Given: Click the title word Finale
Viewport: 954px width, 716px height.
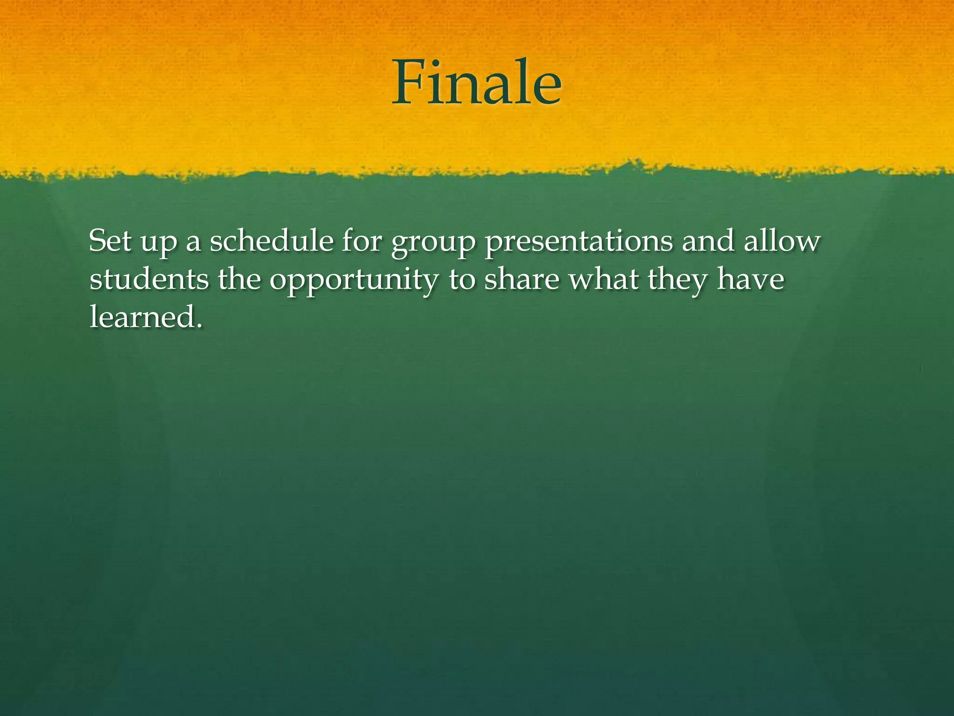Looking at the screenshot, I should pos(477,83).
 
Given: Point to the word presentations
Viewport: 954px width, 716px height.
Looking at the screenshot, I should pos(579,242).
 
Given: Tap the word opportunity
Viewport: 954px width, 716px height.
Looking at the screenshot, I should pos(354,282).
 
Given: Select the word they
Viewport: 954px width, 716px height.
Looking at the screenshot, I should pos(677,281).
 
